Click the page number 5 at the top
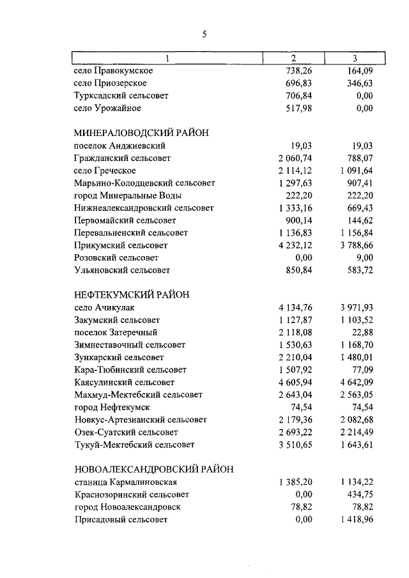click(x=204, y=35)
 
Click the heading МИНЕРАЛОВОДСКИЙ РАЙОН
click(x=142, y=133)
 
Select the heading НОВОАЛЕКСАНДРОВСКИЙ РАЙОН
click(x=153, y=469)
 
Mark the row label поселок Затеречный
click(x=116, y=332)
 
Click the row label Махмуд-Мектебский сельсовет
click(x=138, y=394)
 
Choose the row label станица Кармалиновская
click(x=125, y=482)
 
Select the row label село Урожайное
click(x=107, y=108)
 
